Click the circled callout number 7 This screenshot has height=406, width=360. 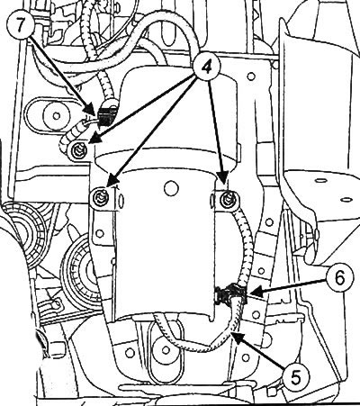click(20, 25)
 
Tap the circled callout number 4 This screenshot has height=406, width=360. click(206, 67)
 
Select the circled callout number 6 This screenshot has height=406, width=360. click(339, 278)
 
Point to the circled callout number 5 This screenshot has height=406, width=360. click(296, 376)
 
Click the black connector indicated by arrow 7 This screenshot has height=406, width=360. click(104, 115)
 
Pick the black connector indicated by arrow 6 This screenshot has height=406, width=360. click(231, 294)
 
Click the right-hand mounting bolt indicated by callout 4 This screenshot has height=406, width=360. click(229, 200)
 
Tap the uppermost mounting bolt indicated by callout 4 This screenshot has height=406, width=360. click(79, 149)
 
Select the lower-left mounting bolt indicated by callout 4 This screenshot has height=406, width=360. click(100, 200)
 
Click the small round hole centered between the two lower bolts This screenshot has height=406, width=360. click(171, 188)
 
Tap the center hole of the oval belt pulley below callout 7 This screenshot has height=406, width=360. click(57, 115)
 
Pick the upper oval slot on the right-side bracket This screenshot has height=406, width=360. click(320, 181)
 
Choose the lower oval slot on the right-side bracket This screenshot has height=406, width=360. click(346, 199)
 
